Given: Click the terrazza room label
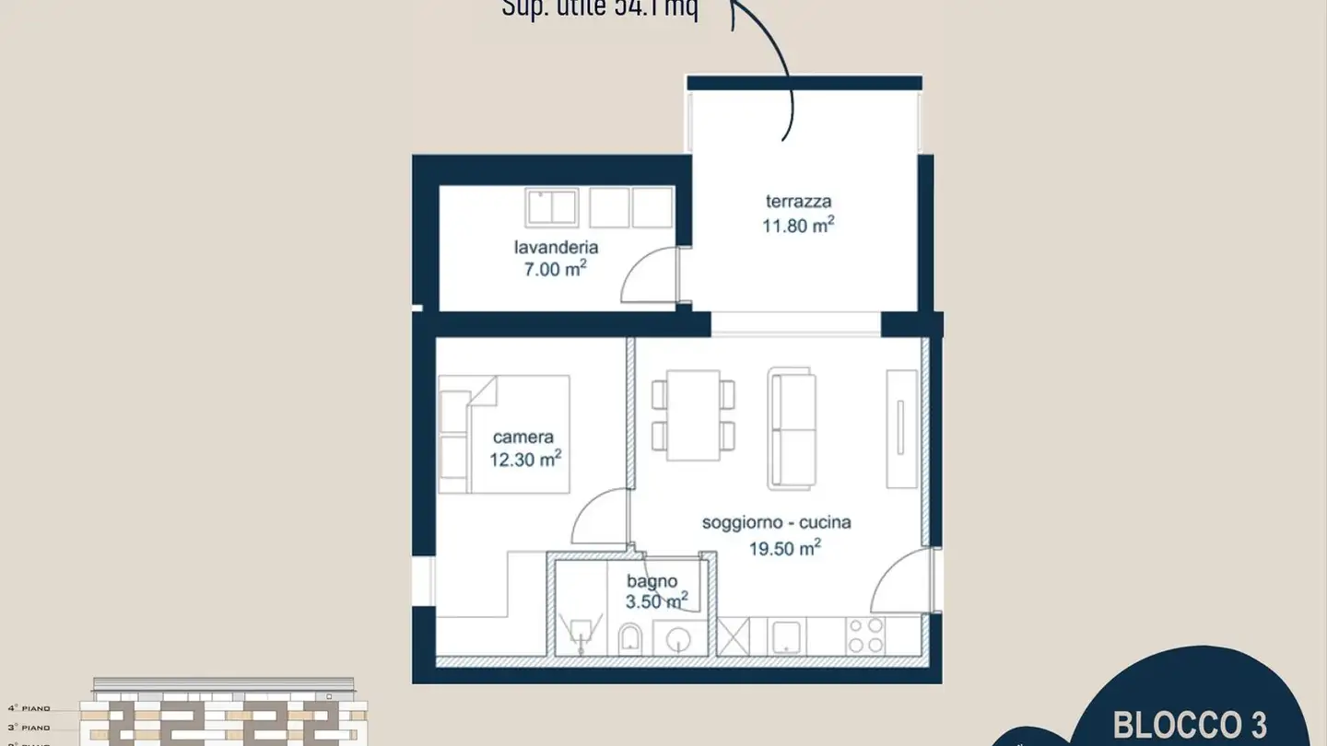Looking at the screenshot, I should [798, 201].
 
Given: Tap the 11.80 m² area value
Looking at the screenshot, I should [798, 224].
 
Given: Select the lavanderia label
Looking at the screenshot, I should [556, 247].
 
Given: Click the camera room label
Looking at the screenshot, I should [523, 437].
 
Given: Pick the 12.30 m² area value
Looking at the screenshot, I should [525, 459].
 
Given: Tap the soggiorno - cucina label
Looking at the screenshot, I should [776, 522].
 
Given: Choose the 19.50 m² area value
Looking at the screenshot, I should [784, 549].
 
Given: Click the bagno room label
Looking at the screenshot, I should [652, 581].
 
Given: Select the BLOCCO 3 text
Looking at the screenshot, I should [1190, 724].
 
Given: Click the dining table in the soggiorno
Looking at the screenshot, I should [693, 414].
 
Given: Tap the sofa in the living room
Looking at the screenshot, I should [792, 427].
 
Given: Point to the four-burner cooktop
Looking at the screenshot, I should [864, 635].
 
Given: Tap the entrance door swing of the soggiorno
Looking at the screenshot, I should [901, 581].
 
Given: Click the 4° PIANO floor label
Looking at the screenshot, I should [29, 708].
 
